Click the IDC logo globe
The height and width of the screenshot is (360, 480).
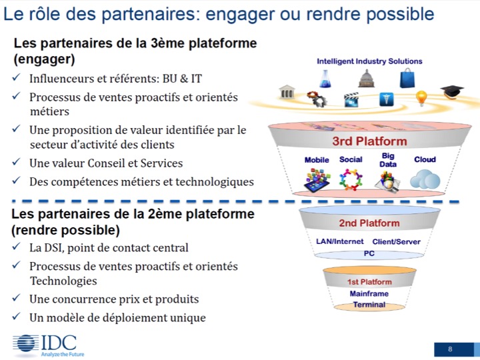pyautogui.click(x=26, y=344)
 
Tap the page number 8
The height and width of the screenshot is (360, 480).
pyautogui.click(x=450, y=349)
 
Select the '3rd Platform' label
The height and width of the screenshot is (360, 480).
pyautogui.click(x=369, y=141)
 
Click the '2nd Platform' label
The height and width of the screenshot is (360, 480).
pyautogui.click(x=369, y=223)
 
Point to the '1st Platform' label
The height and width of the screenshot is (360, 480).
pyautogui.click(x=369, y=281)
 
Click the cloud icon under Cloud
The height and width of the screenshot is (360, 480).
pyautogui.click(x=425, y=179)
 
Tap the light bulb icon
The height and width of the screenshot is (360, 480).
pyautogui.click(x=421, y=98)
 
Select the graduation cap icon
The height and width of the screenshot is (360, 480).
pyautogui.click(x=452, y=91)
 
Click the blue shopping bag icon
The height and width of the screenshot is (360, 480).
pyautogui.click(x=407, y=78)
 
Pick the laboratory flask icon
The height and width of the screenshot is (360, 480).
pyautogui.click(x=325, y=79)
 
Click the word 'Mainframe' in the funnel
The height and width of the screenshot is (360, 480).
pyautogui.click(x=369, y=293)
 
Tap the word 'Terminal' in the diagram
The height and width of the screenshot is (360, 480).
pyautogui.click(x=369, y=304)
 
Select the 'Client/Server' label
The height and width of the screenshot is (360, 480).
pyautogui.click(x=396, y=241)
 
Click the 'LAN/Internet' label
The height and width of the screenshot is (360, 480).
pyautogui.click(x=340, y=241)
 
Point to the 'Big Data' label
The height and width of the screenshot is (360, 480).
pyautogui.click(x=388, y=160)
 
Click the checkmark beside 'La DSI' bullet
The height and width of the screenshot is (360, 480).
pyautogui.click(x=16, y=246)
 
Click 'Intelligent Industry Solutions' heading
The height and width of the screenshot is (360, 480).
pyautogui.click(x=369, y=61)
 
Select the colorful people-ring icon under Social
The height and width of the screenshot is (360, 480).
pyautogui.click(x=351, y=180)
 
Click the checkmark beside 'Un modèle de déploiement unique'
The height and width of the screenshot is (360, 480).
pyautogui.click(x=16, y=316)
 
